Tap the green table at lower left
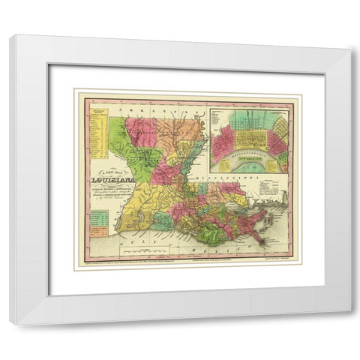click(x=98, y=222)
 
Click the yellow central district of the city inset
click(x=243, y=139)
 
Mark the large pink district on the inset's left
click(x=223, y=142)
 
